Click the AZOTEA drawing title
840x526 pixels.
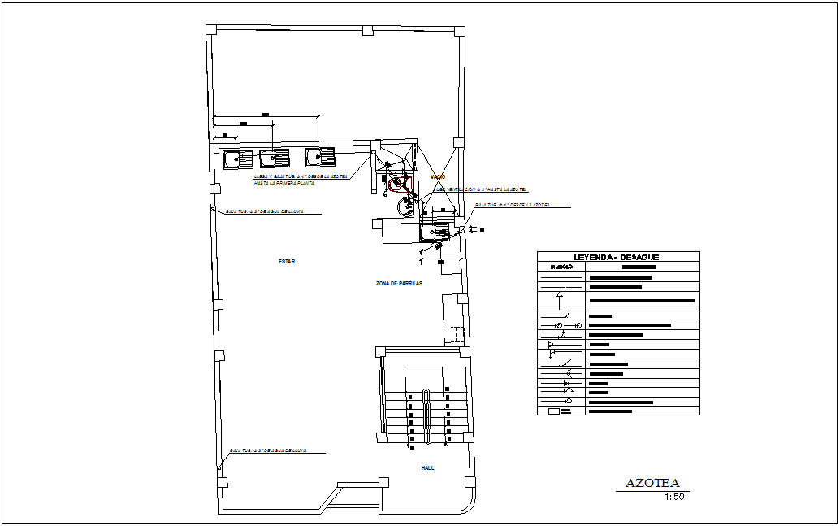[x=652, y=484]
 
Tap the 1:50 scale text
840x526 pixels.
[x=674, y=498]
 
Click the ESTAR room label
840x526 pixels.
[x=286, y=262]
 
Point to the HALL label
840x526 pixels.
[x=427, y=467]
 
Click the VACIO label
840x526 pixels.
[x=438, y=176]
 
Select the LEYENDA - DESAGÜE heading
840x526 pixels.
[x=617, y=257]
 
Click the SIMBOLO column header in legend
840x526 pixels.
[x=561, y=267]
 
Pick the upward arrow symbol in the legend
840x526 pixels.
[x=560, y=294]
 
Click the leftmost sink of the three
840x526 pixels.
[x=238, y=159]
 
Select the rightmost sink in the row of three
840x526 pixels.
[x=319, y=156]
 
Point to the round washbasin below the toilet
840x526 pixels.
[x=405, y=207]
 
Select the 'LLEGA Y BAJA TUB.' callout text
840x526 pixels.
[x=300, y=176]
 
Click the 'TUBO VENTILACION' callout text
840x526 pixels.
[x=479, y=189]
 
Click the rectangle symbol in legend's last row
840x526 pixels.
[x=555, y=411]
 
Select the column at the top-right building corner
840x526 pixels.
[x=459, y=32]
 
